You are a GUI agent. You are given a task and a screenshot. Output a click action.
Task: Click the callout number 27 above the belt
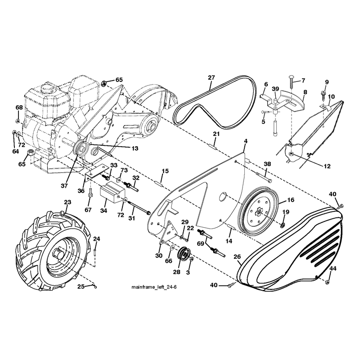point(211,77)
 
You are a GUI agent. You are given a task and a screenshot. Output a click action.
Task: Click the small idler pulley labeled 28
point(184,254)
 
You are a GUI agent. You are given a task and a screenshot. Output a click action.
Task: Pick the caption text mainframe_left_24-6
point(154,287)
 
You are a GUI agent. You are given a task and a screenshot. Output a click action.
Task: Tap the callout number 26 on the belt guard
point(237,256)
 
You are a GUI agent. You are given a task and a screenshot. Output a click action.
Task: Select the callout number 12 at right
point(327,166)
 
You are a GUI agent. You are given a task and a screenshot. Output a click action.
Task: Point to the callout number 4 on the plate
point(246,141)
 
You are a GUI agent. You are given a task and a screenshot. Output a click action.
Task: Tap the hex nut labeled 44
point(328,282)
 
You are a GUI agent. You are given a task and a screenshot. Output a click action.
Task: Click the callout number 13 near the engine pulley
point(135,148)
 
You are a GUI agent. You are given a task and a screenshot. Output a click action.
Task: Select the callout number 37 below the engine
point(64,185)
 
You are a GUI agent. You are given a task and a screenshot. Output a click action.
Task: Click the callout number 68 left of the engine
point(19,108)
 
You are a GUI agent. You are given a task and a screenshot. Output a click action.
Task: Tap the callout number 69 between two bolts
point(200,243)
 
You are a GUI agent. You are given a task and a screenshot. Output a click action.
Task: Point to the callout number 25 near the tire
point(81,287)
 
